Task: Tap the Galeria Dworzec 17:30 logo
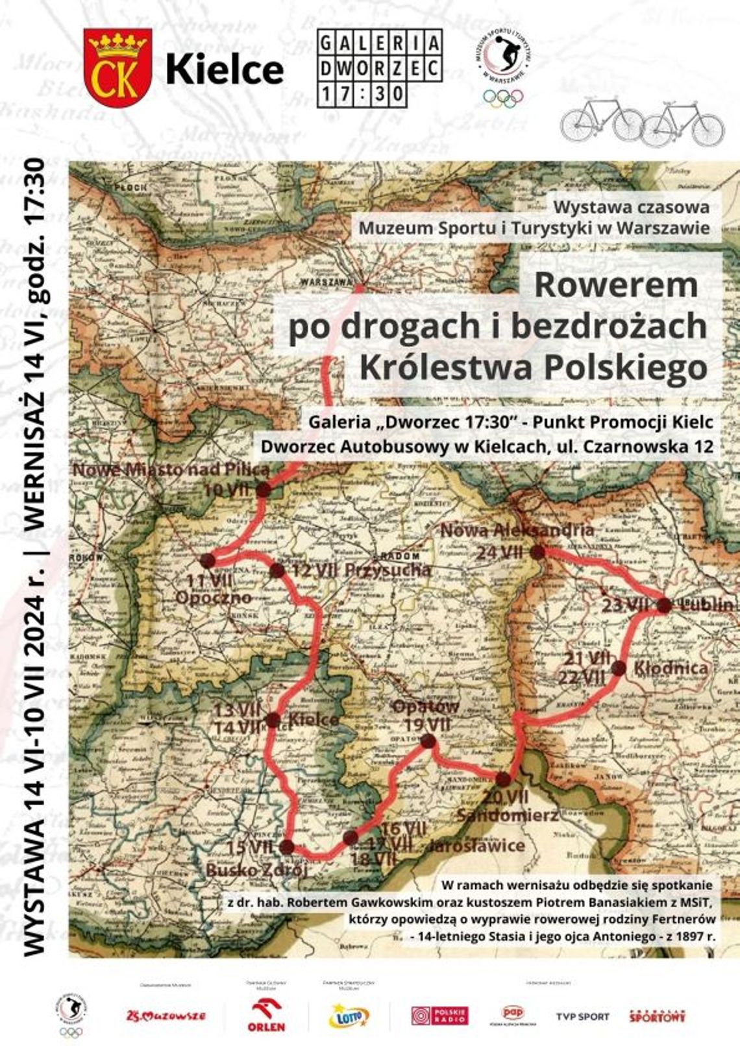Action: (x=379, y=68)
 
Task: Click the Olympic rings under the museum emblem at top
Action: (x=502, y=99)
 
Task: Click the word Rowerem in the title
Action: (x=615, y=284)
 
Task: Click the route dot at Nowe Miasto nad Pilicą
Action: (x=263, y=490)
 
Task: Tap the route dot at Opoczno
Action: (x=208, y=560)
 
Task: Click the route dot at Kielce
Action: (x=273, y=720)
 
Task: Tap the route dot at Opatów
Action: (x=428, y=741)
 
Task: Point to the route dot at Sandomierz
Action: (x=503, y=779)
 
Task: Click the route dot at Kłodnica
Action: (x=618, y=668)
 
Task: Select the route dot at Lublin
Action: (x=664, y=605)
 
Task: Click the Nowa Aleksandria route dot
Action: (x=537, y=552)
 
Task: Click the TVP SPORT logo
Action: (x=582, y=1016)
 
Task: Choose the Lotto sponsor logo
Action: (x=349, y=1016)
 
